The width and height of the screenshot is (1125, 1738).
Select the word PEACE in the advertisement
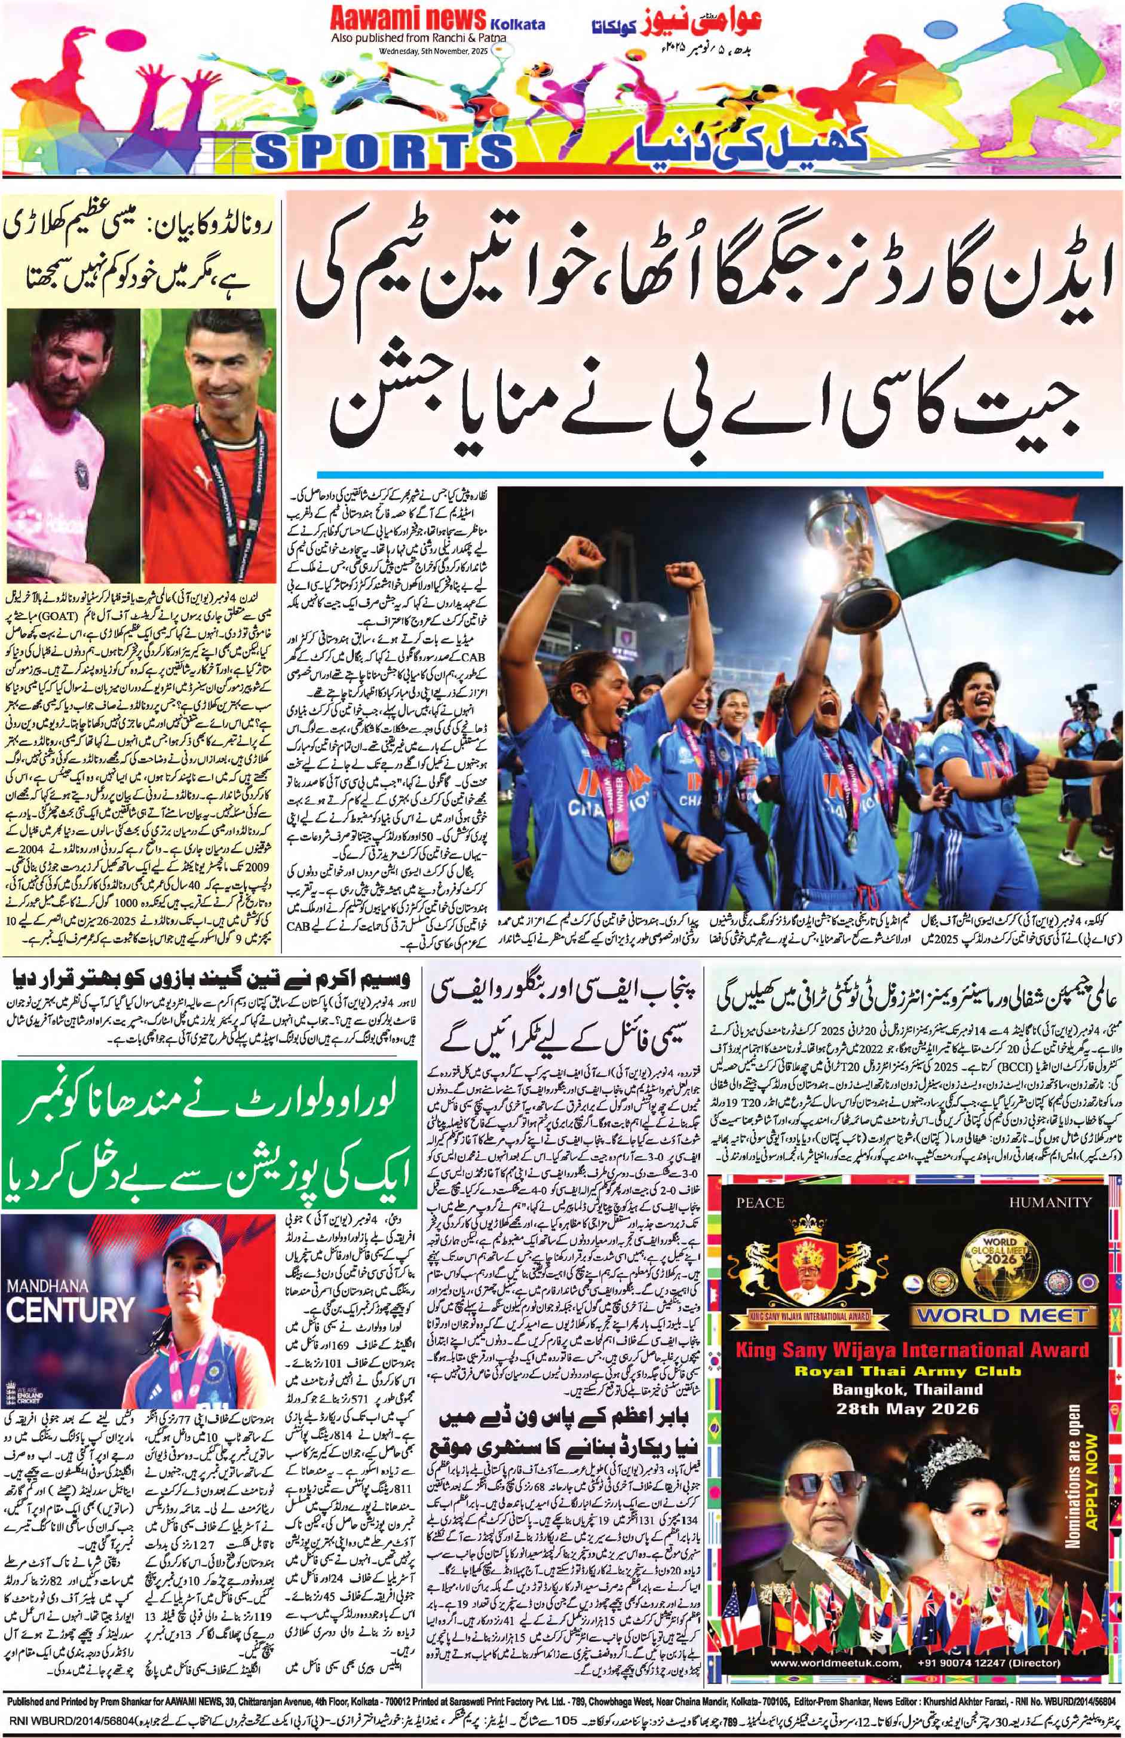tap(760, 1202)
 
